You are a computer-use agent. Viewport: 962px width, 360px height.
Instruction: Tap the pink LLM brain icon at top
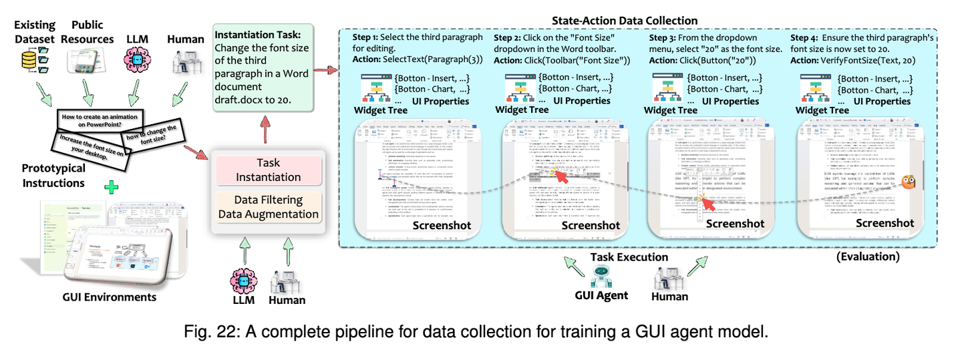(x=138, y=63)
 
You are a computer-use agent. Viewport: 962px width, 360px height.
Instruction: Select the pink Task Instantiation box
(x=268, y=170)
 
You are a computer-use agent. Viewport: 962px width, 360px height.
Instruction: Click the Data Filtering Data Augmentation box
(x=268, y=207)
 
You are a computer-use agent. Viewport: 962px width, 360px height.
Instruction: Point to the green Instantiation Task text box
(x=262, y=67)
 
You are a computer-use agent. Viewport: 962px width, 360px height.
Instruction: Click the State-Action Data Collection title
(x=625, y=21)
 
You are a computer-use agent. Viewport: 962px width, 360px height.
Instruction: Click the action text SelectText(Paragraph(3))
(x=426, y=61)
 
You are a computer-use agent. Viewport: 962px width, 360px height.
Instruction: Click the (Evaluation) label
(x=867, y=256)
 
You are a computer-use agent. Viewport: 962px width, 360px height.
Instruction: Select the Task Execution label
(x=629, y=256)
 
